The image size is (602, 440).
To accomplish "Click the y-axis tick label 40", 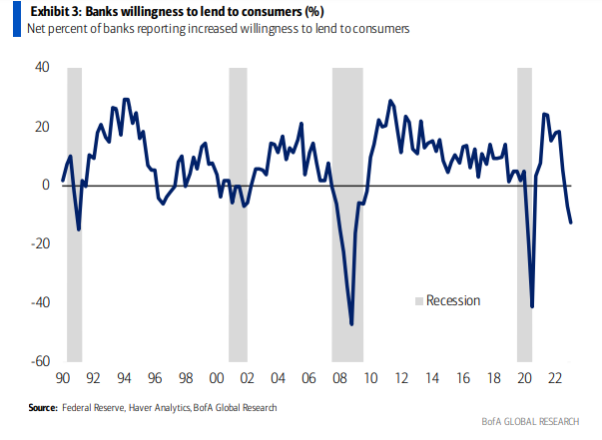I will point(42,68).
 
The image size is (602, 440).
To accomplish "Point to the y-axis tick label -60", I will point(39,361).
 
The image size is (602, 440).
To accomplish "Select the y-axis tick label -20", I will point(39,243).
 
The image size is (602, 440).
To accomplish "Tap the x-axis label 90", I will point(63,379).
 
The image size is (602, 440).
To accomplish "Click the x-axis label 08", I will point(338,379).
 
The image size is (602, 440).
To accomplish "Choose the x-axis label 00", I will point(216,379).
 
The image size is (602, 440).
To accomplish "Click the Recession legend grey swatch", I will point(418,301).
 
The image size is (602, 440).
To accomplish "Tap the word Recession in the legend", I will point(453,301).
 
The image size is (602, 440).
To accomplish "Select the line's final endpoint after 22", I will point(571,222).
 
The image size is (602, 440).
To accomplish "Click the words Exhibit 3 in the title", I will point(45,11).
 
